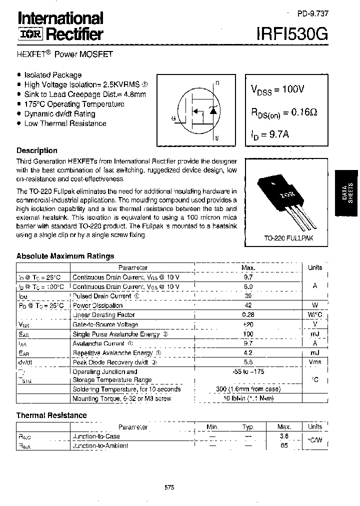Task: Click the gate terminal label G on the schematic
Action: (x=173, y=118)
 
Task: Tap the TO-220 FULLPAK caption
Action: (x=288, y=238)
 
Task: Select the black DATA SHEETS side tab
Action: (x=346, y=193)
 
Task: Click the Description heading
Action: (x=37, y=150)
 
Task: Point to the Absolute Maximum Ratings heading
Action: (x=65, y=256)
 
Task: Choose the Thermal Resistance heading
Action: (x=51, y=415)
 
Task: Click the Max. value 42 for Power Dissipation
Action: (x=248, y=305)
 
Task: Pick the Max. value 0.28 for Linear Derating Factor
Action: (x=248, y=315)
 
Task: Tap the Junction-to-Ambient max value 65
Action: (x=284, y=445)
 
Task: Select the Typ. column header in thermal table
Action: (x=248, y=426)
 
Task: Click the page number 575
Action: (x=169, y=487)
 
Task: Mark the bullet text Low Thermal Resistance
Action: (x=65, y=123)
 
